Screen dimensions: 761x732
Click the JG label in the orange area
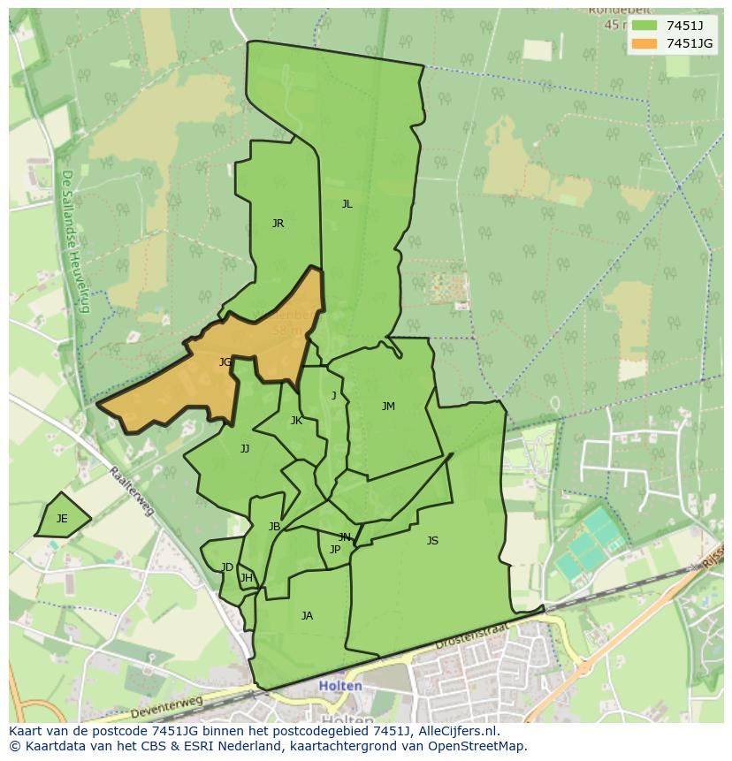225,361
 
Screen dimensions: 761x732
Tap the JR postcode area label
278,224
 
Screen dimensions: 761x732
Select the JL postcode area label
347,203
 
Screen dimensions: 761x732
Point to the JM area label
388,407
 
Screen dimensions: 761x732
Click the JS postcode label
432,541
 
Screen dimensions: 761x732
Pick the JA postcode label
307,616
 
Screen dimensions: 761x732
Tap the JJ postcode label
245,449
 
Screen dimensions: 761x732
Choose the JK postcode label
296,421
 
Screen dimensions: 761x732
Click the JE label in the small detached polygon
62,519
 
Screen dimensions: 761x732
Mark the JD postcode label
227,567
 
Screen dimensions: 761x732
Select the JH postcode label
246,579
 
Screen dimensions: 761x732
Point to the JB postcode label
274,527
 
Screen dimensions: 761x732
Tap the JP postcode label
334,550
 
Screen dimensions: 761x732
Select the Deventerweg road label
166,707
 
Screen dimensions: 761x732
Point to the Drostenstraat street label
473,638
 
